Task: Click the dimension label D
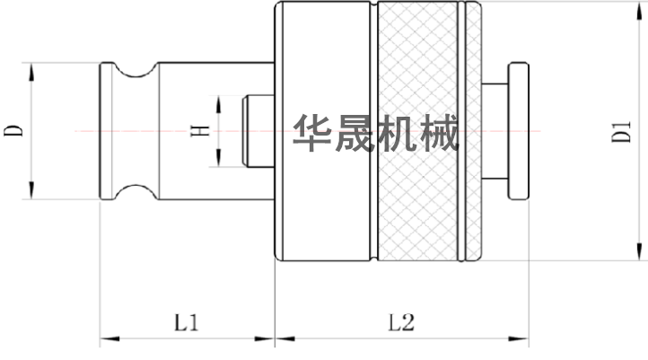(13, 131)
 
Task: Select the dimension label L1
(186, 321)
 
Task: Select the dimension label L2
(400, 321)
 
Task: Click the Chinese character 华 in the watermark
(311, 134)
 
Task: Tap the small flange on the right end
(519, 131)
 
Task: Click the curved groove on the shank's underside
(137, 192)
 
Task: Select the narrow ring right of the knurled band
(468, 131)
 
